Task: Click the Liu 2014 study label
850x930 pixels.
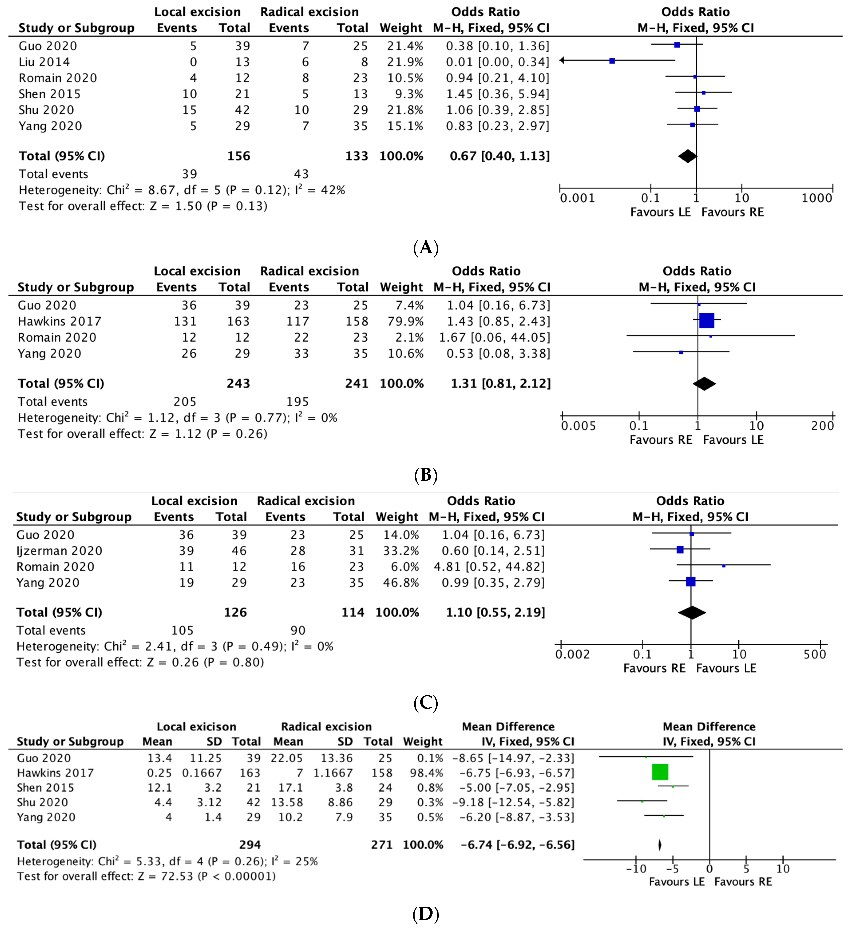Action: [x=44, y=62]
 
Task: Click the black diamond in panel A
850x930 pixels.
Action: [x=687, y=156]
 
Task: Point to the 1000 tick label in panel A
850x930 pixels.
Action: [x=816, y=198]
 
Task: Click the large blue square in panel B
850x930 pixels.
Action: [x=707, y=321]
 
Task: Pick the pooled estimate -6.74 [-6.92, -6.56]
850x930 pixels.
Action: [x=518, y=845]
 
